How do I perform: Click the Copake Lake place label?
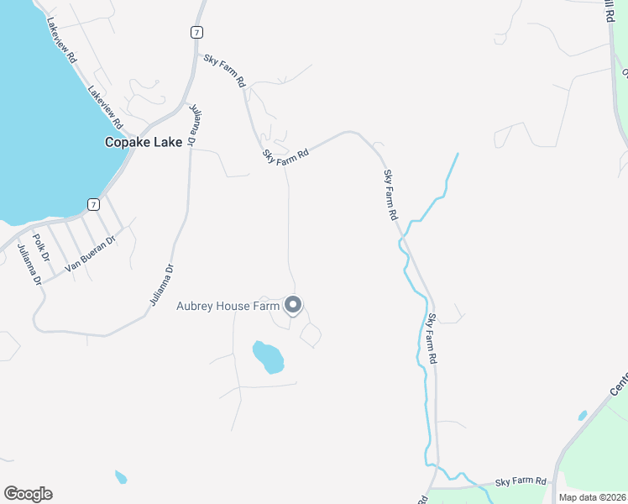pos(143,142)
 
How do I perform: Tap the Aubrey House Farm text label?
pos(227,306)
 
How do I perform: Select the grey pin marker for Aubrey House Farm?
pos(293,305)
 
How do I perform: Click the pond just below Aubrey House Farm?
pos(269,357)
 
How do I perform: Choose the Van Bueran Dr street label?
pos(90,253)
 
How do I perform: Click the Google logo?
pos(28,494)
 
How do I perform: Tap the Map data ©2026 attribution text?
pos(593,497)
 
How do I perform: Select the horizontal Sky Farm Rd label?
pos(521,482)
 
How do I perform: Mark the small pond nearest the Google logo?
pos(121,477)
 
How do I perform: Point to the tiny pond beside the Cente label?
pos(583,415)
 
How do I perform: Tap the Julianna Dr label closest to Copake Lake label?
pos(193,125)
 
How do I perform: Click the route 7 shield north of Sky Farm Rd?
pos(196,32)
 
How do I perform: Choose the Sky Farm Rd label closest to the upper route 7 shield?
pos(225,71)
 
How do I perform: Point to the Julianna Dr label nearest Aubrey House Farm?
pos(162,285)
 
